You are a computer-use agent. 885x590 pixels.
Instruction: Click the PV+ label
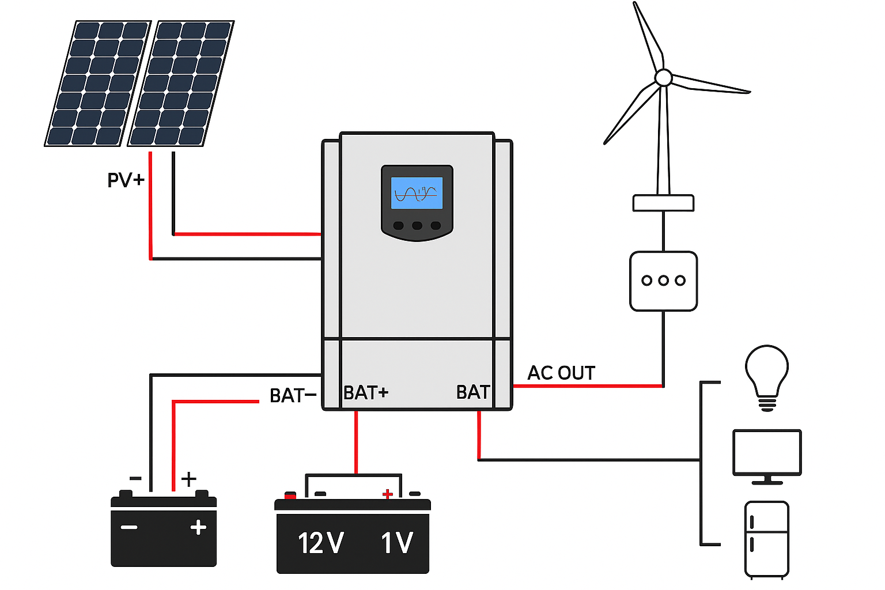(x=126, y=180)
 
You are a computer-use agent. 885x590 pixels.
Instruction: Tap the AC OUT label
(x=561, y=373)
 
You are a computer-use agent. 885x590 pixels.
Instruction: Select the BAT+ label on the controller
(x=366, y=393)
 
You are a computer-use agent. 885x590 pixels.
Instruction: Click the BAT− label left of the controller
(x=293, y=396)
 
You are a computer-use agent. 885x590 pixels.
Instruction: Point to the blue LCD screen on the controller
(x=417, y=193)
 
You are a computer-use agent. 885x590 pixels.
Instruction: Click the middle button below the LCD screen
(x=417, y=225)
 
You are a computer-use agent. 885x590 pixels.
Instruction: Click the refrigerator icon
(x=766, y=539)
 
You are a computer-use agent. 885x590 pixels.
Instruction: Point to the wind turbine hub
(x=664, y=77)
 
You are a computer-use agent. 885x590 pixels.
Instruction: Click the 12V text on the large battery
(x=320, y=543)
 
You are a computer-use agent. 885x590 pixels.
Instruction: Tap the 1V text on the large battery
(x=397, y=543)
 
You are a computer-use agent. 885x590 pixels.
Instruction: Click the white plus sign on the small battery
(x=198, y=527)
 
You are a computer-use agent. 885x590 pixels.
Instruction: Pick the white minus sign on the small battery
(x=129, y=527)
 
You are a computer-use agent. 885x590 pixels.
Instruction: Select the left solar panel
(x=98, y=84)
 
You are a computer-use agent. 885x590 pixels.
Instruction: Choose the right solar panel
(x=181, y=84)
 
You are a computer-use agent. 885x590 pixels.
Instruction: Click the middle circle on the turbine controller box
(x=664, y=281)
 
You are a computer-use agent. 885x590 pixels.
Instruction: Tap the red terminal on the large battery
(x=290, y=495)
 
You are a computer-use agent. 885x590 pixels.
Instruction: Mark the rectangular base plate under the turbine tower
(x=663, y=203)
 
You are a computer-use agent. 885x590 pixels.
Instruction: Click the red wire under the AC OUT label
(x=588, y=386)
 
